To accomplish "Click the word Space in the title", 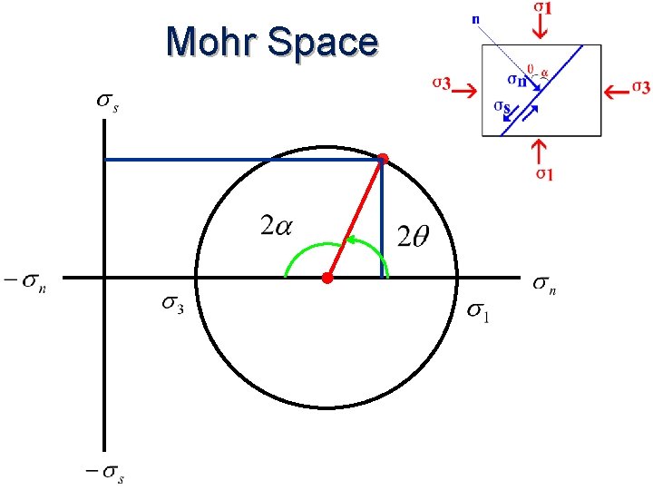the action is (324, 43).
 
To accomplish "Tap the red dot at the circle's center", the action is (327, 278).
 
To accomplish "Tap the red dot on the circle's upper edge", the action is (383, 160).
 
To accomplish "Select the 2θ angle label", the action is (414, 238).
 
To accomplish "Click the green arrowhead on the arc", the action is (347, 241).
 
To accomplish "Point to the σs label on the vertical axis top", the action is (108, 101).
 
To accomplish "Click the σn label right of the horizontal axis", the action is (543, 286).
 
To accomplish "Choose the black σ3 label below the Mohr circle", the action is (173, 306).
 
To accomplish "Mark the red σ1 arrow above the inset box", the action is (540, 28).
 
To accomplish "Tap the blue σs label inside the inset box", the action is (501, 108).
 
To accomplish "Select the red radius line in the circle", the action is (356, 219).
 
